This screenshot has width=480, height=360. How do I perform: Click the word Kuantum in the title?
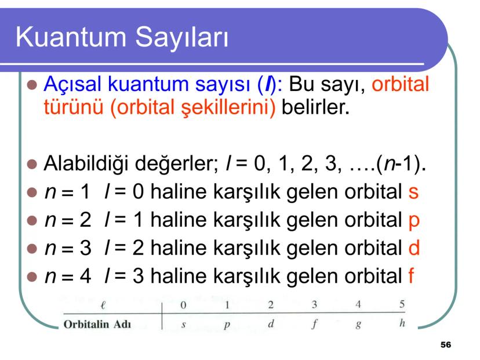(x=71, y=37)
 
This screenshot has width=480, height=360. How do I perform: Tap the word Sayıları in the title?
(x=182, y=38)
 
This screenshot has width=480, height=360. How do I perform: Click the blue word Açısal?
(x=72, y=84)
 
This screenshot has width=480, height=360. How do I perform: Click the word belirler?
(x=315, y=107)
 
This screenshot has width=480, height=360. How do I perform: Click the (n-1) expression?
(x=399, y=164)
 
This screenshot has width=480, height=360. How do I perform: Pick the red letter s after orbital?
(x=413, y=192)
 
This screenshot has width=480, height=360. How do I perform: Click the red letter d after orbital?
(x=414, y=248)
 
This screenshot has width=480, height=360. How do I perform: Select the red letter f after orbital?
(x=412, y=275)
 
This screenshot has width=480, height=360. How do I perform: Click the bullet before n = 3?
(x=32, y=249)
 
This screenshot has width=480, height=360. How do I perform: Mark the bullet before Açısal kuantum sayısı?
(x=32, y=85)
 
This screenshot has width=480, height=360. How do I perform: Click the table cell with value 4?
(x=358, y=304)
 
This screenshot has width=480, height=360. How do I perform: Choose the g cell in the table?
(x=358, y=325)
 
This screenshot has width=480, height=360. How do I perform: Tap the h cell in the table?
(x=402, y=323)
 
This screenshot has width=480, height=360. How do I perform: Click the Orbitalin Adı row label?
(x=97, y=324)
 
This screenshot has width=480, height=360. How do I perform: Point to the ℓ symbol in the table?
(x=103, y=305)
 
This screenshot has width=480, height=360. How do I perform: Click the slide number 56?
(x=446, y=345)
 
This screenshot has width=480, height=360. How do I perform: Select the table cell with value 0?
(x=183, y=305)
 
